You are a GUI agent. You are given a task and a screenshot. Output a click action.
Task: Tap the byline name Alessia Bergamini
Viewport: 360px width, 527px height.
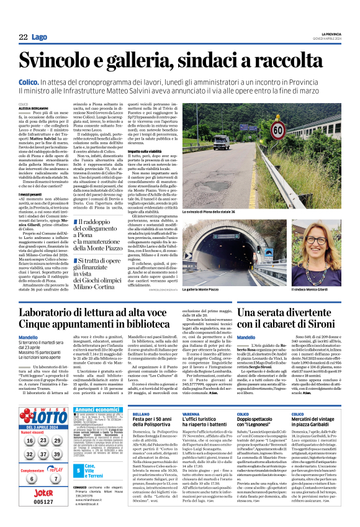(x=33, y=107)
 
